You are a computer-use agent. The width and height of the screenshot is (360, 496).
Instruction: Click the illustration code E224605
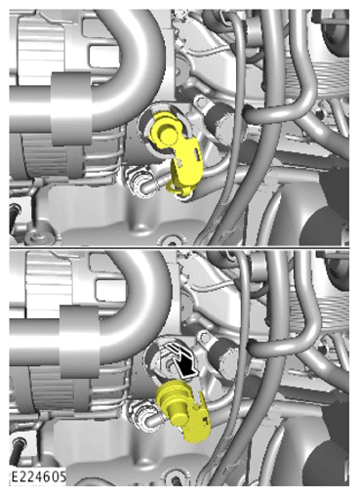click(x=39, y=476)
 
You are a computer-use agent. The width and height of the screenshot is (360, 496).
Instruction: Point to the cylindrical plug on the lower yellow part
click(x=178, y=411)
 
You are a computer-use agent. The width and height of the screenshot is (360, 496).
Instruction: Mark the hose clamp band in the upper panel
click(x=70, y=108)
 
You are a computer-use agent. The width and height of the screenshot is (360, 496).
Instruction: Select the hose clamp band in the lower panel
click(x=79, y=342)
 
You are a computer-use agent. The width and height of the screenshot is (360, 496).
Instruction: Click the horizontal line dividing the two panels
click(x=180, y=248)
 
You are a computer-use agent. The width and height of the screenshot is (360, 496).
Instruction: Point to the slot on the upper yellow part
click(x=196, y=152)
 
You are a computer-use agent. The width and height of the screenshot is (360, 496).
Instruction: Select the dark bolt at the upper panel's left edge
click(x=15, y=217)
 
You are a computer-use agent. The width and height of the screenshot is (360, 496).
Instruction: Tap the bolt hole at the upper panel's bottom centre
click(x=171, y=241)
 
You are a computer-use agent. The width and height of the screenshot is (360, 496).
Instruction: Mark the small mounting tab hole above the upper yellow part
click(x=200, y=103)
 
